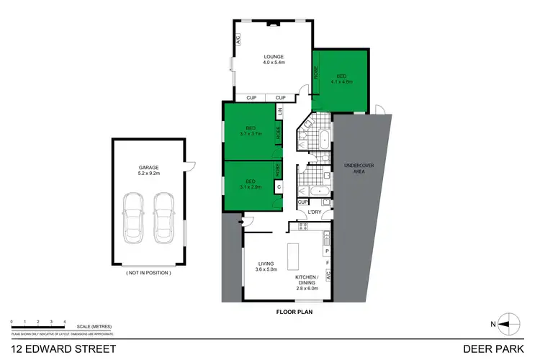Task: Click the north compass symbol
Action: point(509,324)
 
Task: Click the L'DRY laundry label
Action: point(314,212)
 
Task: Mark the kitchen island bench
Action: point(293,256)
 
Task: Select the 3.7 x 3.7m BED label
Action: point(250,130)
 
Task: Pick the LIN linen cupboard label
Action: point(280,112)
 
